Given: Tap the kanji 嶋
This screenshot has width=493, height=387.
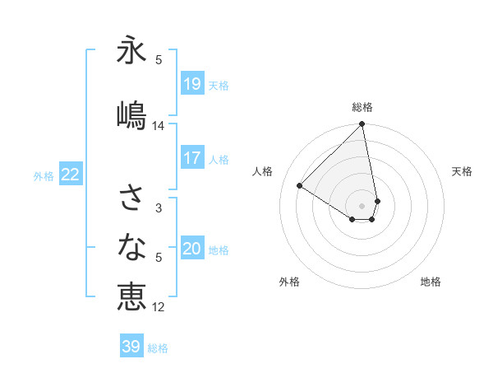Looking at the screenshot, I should point(131,115).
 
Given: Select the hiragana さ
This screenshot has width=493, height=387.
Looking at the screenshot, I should point(131,198).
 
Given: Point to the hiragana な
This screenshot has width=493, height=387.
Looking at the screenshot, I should point(131,246).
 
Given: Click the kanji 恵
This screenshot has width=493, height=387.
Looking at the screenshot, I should point(131,296).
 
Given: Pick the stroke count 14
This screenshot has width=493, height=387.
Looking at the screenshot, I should point(159,126).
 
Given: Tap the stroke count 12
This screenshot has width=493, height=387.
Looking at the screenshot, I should point(159,307).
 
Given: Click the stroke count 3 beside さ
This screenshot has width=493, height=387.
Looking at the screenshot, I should point(159,208).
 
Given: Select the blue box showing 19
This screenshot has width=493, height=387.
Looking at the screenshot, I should point(191,84).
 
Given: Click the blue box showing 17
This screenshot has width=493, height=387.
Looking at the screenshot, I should point(191,158).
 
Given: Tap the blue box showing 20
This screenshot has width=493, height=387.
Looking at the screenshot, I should point(191,249).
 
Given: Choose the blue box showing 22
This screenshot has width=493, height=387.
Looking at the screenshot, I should point(71,174).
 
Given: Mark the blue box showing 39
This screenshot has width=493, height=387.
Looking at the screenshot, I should point(131,347).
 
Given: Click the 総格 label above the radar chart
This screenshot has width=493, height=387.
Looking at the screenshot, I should point(362,107).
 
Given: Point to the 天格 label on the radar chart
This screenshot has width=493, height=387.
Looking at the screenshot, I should point(463,171).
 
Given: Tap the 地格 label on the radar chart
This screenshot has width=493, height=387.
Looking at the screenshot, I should point(431,282).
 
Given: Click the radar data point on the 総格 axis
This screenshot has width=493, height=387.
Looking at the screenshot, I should point(362,125).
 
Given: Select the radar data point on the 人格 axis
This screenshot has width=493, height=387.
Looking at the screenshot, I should point(300,186).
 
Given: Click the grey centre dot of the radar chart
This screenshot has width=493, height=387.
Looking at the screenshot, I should point(362,205).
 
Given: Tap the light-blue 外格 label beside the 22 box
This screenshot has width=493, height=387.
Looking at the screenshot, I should point(44,175).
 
